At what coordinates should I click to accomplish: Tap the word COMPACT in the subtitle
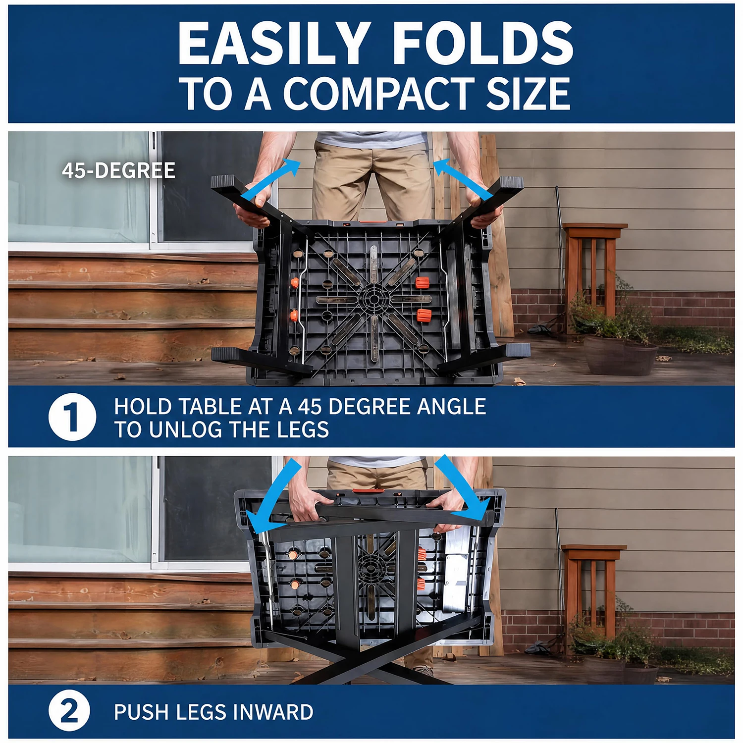click(377, 94)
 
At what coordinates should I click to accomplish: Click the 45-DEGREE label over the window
click(119, 171)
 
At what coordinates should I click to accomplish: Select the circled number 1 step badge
click(72, 417)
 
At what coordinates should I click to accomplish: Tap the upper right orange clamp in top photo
click(422, 283)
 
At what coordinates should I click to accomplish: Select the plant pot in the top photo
click(620, 355)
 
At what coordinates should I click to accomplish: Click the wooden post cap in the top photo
click(595, 229)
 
